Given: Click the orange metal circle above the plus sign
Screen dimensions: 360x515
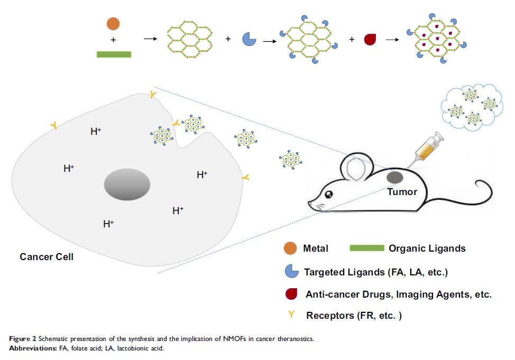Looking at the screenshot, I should pyautogui.click(x=113, y=24).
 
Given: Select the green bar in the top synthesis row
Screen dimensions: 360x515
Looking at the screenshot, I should pyautogui.click(x=114, y=53).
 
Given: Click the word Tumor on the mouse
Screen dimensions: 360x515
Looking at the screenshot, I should pyautogui.click(x=402, y=192).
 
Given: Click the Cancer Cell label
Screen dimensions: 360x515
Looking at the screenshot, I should pyautogui.click(x=47, y=257).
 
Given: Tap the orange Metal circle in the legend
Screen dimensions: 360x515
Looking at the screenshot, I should pyautogui.click(x=289, y=248).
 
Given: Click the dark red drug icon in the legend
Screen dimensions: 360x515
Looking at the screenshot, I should pyautogui.click(x=289, y=294).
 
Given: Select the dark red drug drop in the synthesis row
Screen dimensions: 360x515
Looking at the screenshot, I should pyautogui.click(x=370, y=39).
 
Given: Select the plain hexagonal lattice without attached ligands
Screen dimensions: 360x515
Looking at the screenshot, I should pyautogui.click(x=191, y=40).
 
